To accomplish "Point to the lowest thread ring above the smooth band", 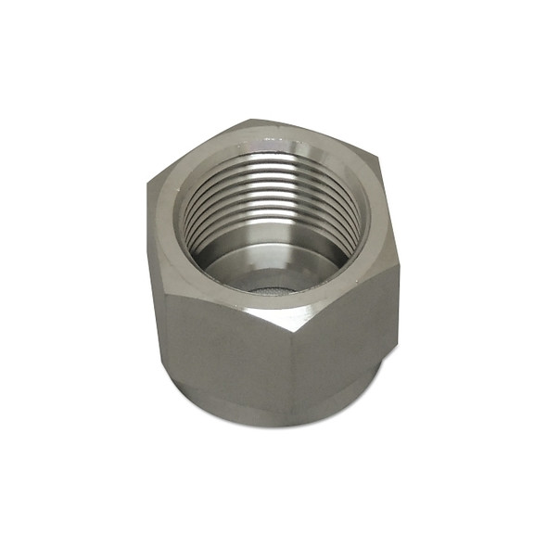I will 278,243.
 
